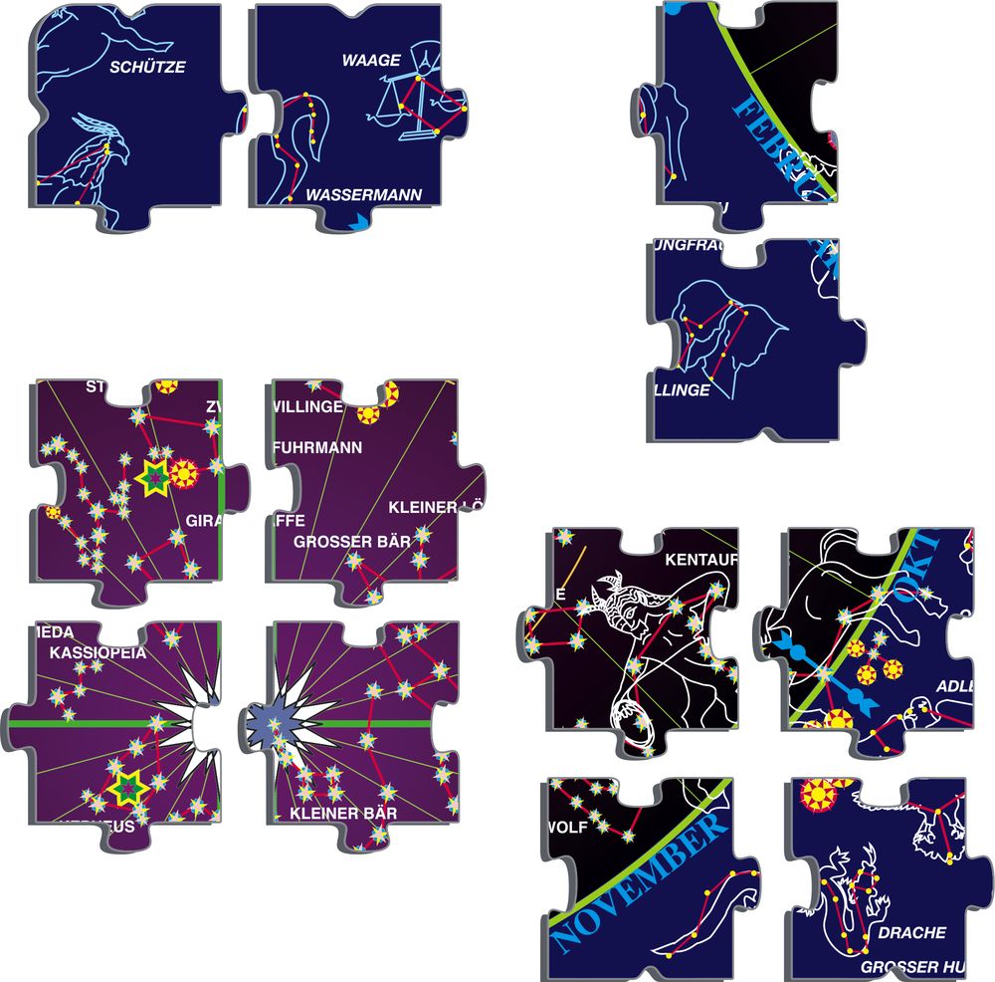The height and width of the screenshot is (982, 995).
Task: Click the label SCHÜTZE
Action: click(x=148, y=68)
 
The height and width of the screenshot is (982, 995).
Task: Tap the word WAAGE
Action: click(x=371, y=60)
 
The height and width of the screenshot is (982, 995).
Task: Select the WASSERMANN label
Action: click(x=364, y=194)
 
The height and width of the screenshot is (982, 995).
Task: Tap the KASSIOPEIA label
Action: click(x=98, y=653)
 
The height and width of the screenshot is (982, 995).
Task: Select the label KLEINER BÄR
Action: click(x=344, y=814)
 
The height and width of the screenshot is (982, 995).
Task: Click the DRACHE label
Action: click(x=911, y=933)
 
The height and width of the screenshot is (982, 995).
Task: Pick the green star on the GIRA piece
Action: click(x=154, y=477)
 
